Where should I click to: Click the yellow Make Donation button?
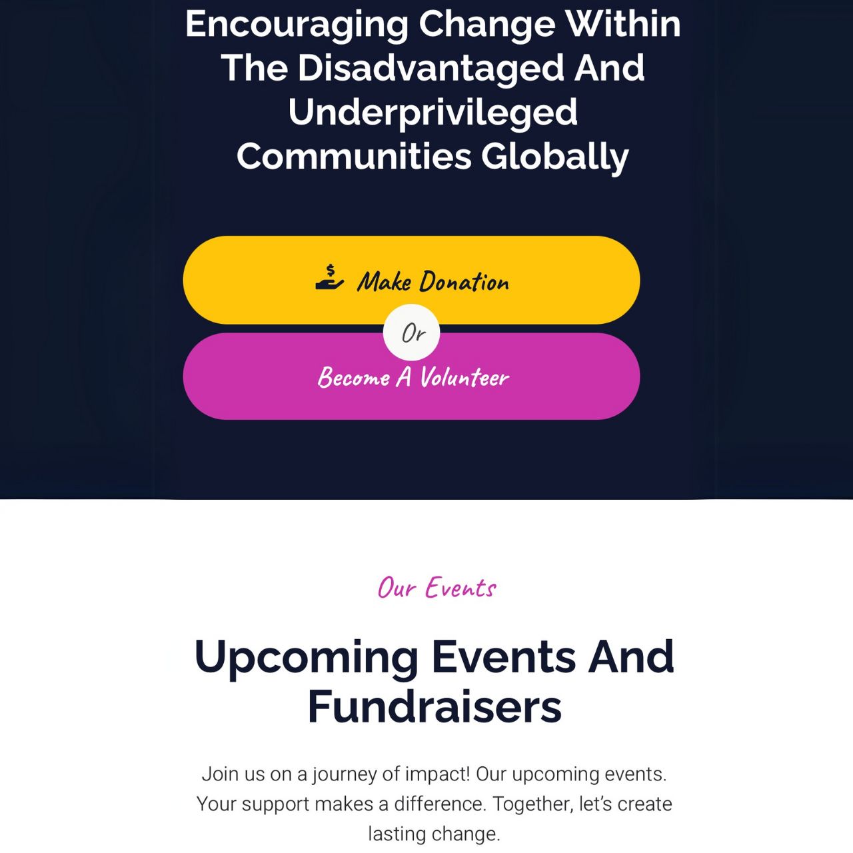411,280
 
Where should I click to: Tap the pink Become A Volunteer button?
411,377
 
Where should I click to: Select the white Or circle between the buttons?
411,333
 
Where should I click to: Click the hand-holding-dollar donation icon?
329,277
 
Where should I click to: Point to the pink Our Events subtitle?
437,588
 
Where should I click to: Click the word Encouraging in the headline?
297,25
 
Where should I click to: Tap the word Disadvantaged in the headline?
430,68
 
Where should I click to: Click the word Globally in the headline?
555,157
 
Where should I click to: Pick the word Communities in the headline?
354,157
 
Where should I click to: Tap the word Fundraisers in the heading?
434,706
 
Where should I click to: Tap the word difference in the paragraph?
440,804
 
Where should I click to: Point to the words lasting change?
434,834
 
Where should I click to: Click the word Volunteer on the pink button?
464,378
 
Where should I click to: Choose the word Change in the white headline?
487,25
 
